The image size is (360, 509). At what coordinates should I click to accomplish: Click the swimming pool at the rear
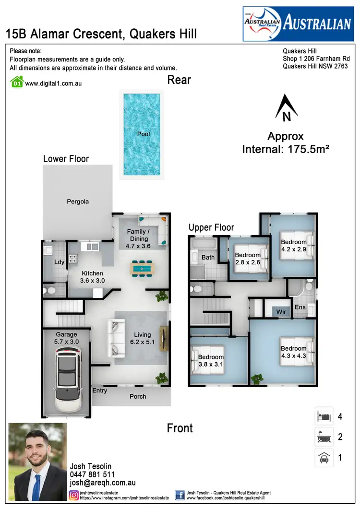[x=144, y=134]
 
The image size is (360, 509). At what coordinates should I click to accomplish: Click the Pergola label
[x=78, y=201]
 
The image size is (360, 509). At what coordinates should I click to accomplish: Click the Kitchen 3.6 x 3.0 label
[x=92, y=277]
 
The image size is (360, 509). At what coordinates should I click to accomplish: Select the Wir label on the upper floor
[x=281, y=312]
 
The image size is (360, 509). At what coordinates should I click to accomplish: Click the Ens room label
[x=300, y=307]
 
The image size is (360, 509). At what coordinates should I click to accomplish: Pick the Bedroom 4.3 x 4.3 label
[x=293, y=352]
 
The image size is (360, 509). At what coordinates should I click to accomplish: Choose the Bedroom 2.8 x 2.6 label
[x=248, y=259]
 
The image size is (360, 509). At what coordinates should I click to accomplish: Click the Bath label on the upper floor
[x=208, y=258]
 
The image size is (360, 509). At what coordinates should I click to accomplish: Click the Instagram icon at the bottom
[x=74, y=495]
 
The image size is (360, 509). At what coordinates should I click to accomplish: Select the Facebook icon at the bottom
[x=180, y=495]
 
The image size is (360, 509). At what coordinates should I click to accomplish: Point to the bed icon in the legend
[x=324, y=416]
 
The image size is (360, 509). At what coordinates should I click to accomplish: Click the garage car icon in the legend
[x=324, y=458]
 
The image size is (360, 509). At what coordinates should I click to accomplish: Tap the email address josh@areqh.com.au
[x=103, y=483]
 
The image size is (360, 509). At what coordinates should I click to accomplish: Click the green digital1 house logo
[x=17, y=83]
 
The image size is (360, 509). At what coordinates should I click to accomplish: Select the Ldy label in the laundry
[x=60, y=262]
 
